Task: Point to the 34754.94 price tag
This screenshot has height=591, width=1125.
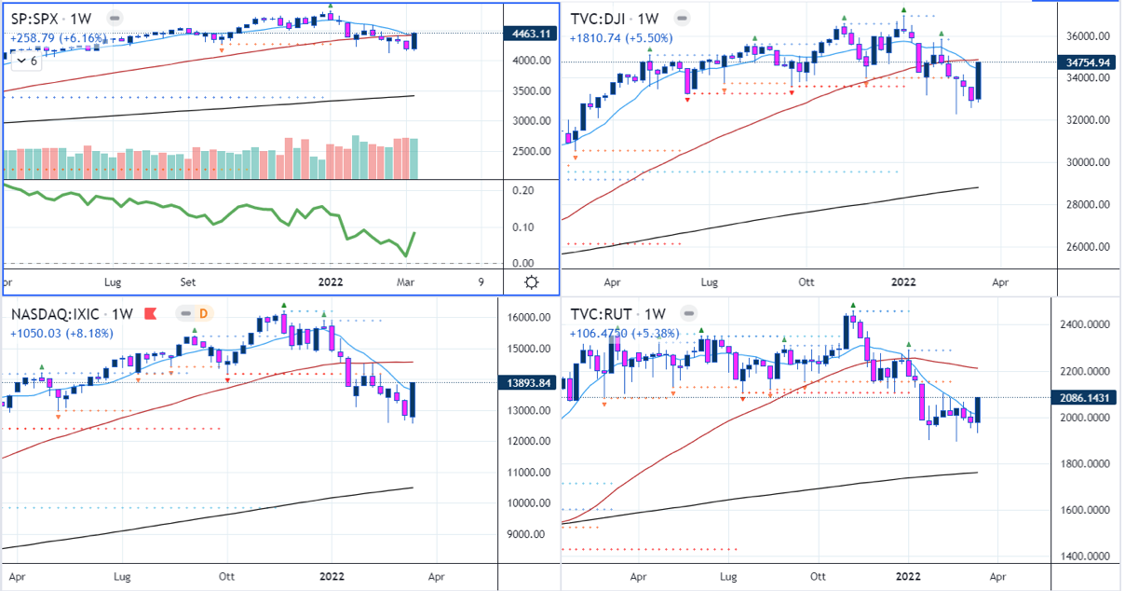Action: tap(1091, 62)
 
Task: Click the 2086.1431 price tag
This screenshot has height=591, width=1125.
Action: tap(1086, 398)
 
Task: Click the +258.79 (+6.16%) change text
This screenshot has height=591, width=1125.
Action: tap(59, 38)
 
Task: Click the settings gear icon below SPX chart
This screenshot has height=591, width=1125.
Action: tap(531, 282)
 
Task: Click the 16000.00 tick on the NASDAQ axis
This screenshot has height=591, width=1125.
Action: tap(528, 318)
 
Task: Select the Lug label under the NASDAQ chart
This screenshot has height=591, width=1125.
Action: tap(123, 577)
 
